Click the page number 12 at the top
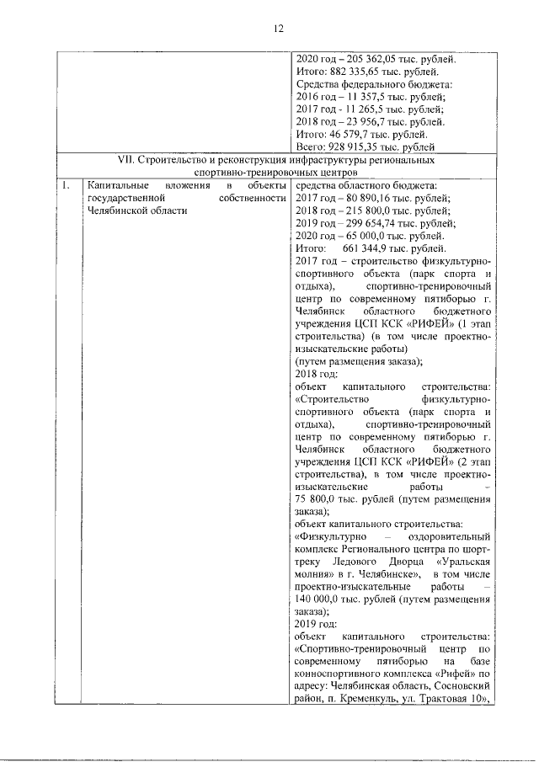pyautogui.click(x=276, y=29)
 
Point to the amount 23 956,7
pyautogui.click(x=363, y=121)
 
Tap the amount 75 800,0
pyautogui.click(x=322, y=498)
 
